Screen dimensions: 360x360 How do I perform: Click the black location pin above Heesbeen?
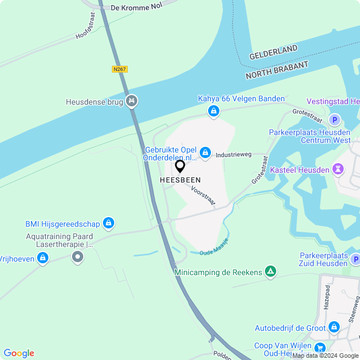point(180,166)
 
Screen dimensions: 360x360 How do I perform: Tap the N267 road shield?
point(119,69)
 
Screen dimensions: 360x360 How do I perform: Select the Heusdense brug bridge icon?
point(132,101)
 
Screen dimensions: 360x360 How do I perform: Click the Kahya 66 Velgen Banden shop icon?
point(213,112)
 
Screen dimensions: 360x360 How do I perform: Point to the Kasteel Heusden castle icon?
point(337,168)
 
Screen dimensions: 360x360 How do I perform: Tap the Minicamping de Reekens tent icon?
point(271,272)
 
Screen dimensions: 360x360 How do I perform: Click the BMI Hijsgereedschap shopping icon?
point(109,223)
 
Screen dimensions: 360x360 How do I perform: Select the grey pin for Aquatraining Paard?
point(78,257)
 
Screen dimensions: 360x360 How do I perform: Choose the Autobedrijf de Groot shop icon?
point(334,327)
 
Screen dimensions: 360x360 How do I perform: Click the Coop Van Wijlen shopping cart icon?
point(320,348)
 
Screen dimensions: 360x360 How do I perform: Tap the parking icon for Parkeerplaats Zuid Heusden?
point(355,259)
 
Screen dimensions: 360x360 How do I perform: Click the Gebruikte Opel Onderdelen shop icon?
point(206,152)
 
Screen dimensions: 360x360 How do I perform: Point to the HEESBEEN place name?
point(180,180)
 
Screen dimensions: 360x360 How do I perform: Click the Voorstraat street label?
point(203,197)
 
